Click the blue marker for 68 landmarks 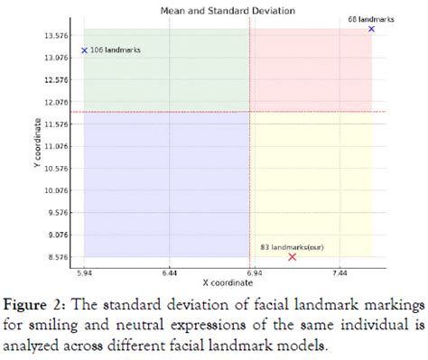371,29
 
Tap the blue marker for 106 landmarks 84,51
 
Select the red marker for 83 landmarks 292,257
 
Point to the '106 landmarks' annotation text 118,51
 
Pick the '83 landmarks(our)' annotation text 287,246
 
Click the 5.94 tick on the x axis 85,271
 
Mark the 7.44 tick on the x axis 339,271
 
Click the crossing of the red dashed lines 249,112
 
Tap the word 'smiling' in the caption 59,322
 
